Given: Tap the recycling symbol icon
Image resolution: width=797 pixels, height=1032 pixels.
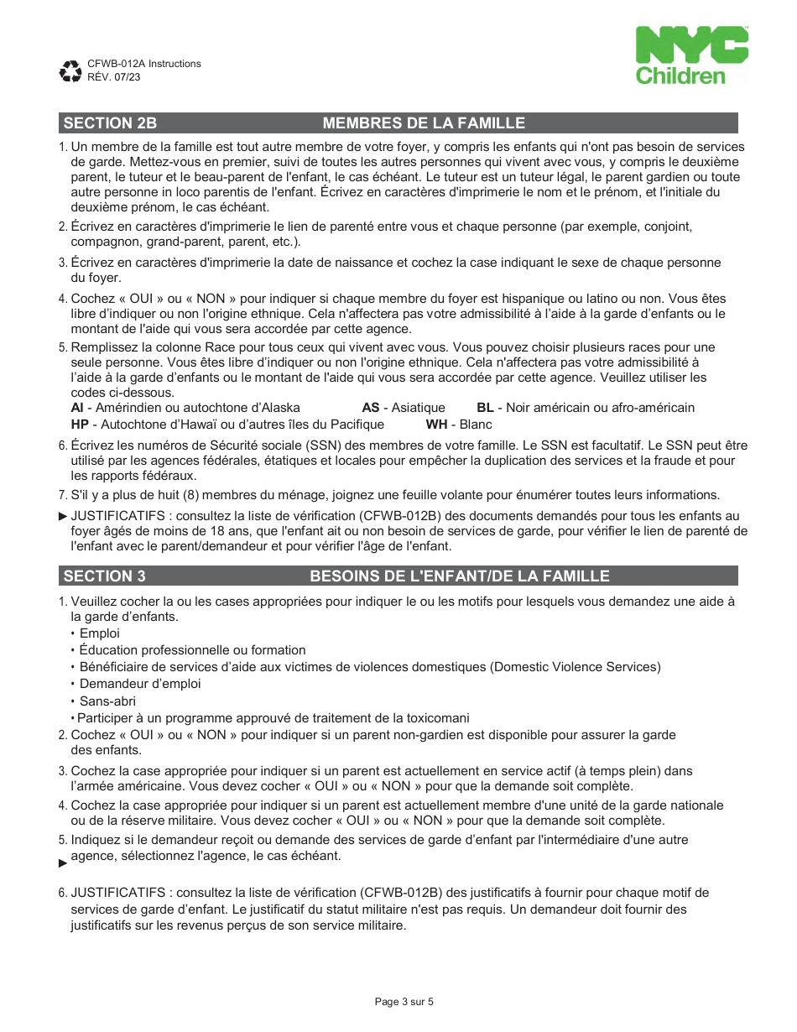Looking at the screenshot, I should (x=70, y=71).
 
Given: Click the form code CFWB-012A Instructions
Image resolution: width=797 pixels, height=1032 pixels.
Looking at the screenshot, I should (x=144, y=64).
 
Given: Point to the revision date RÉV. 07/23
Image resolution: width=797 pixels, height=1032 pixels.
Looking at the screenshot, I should (x=114, y=76).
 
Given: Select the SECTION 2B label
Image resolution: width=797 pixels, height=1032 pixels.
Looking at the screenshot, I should (x=110, y=123).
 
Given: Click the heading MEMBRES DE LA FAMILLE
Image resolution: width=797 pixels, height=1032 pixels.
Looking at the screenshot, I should (x=424, y=123).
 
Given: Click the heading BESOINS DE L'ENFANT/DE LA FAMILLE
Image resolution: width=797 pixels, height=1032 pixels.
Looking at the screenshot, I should (x=459, y=576).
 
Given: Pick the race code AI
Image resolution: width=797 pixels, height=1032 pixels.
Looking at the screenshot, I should (x=76, y=408).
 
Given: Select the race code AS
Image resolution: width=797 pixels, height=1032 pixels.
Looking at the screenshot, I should (x=371, y=408).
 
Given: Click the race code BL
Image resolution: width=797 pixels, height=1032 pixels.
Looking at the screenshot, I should (x=485, y=408).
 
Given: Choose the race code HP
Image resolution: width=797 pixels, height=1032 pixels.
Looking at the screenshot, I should (x=80, y=425).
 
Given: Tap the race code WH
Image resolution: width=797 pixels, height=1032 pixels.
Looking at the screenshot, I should (x=436, y=425).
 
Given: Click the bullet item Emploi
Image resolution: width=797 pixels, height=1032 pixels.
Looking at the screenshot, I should (x=100, y=633).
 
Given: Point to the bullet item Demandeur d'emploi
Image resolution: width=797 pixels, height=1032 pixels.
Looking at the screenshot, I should (x=140, y=684).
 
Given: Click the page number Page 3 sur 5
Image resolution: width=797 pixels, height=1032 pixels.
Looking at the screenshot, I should (x=404, y=1001).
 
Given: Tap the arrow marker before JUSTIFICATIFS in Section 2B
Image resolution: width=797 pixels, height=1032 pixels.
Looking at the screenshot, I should (x=63, y=516).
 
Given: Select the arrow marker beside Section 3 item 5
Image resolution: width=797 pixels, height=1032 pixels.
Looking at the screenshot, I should (x=63, y=863).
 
